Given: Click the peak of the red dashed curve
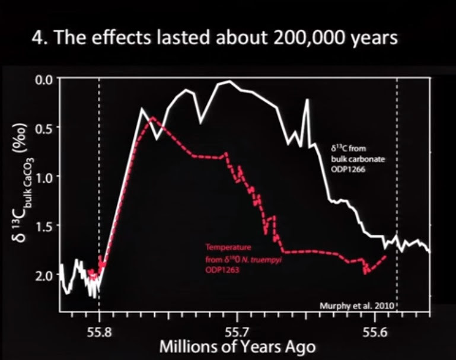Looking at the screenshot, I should pos(152,117).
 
